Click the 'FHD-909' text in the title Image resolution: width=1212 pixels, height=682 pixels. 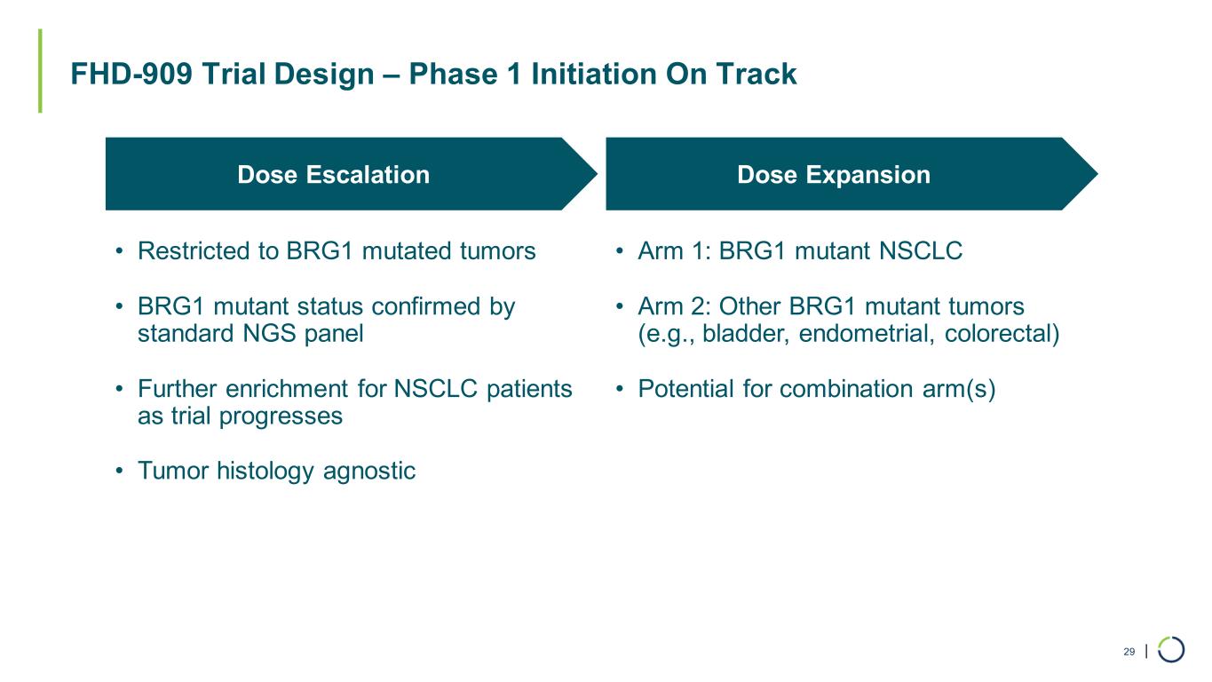(131, 74)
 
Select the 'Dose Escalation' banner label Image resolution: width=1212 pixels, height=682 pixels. (333, 175)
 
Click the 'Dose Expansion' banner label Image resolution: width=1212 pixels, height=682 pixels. (834, 175)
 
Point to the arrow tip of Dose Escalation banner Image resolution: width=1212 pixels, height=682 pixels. (598, 174)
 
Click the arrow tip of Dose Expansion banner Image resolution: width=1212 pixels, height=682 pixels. (1097, 174)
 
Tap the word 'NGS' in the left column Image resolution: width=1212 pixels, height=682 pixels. (269, 333)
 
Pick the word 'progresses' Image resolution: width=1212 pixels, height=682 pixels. (281, 416)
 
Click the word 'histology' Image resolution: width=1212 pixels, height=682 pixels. (265, 471)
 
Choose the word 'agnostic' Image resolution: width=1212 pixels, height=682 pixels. (369, 471)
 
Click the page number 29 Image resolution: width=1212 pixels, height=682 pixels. (1129, 652)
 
